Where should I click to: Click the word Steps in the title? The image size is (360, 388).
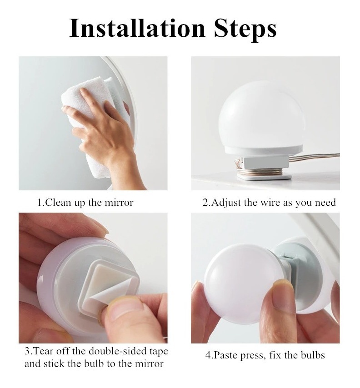(x=245, y=30)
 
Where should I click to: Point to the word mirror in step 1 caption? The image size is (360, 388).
(x=119, y=203)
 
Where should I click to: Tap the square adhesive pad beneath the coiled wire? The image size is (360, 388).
(x=264, y=177)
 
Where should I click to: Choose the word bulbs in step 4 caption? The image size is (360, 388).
(x=313, y=355)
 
